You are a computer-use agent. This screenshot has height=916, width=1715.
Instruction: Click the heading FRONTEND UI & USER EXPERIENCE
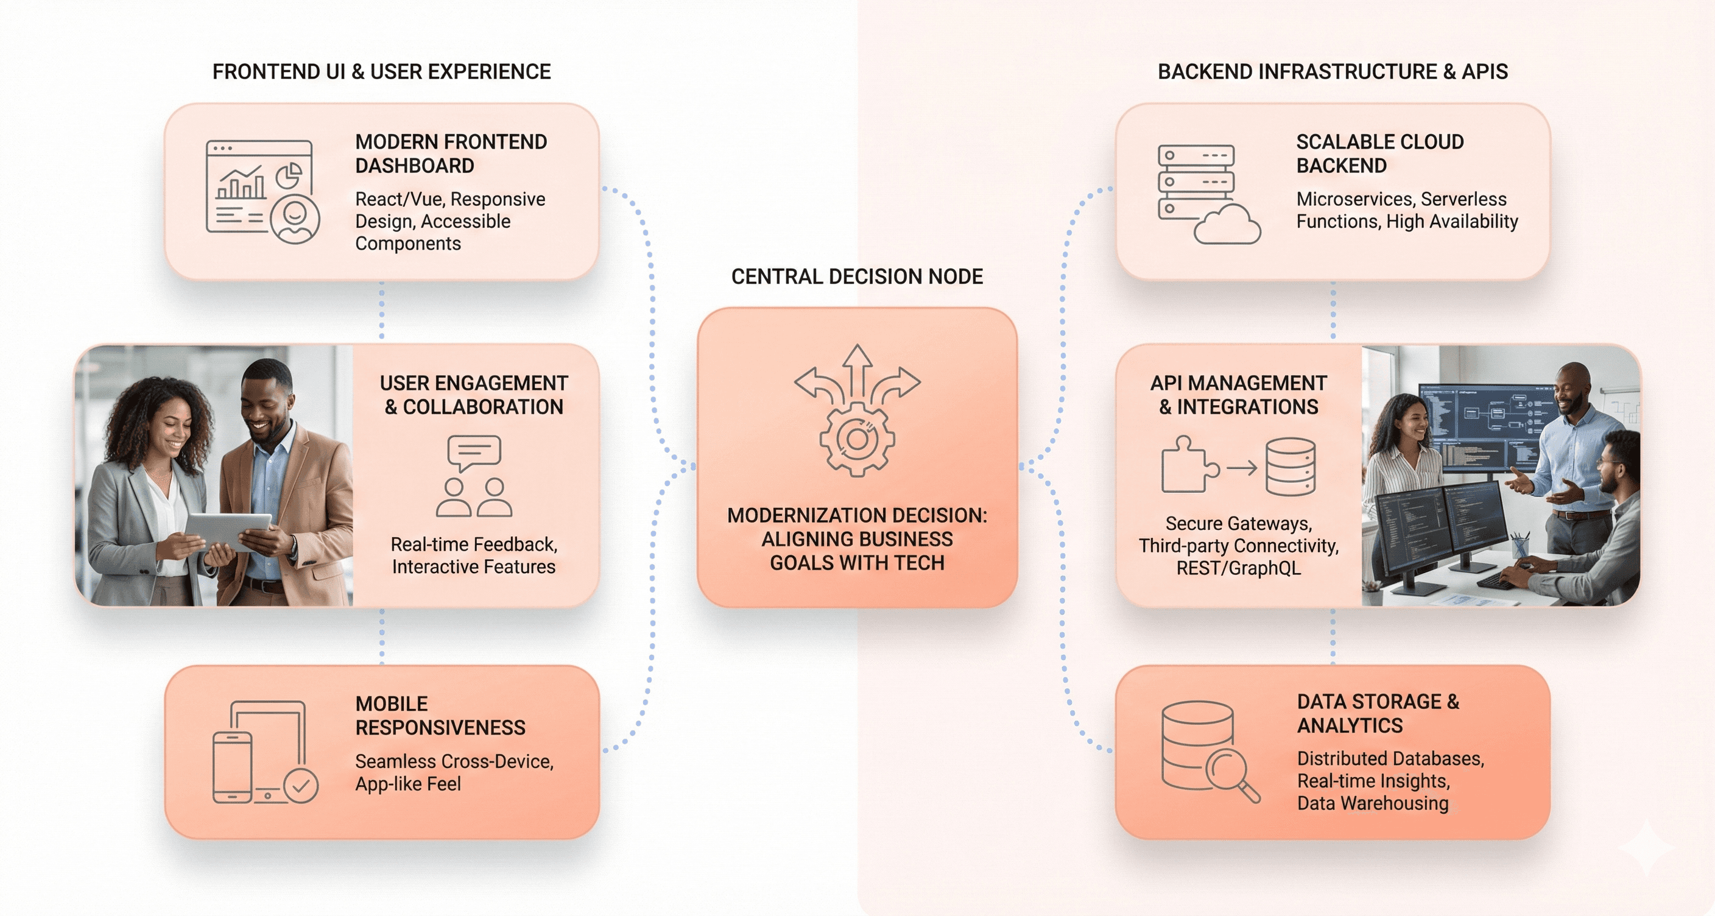pyautogui.click(x=381, y=72)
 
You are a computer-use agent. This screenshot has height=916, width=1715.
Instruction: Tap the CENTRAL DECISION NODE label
pyautogui.click(x=857, y=277)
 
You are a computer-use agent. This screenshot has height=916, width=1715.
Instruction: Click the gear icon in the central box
pyautogui.click(x=857, y=439)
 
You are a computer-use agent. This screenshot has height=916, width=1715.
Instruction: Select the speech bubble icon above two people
pyautogui.click(x=474, y=452)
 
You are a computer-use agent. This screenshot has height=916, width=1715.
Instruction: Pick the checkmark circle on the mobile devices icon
pyautogui.click(x=301, y=786)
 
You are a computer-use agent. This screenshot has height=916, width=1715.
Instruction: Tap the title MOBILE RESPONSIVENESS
pyautogui.click(x=440, y=716)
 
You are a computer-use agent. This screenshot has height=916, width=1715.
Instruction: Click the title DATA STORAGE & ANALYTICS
pyautogui.click(x=1378, y=713)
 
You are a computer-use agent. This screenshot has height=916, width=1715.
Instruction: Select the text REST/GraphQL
pyautogui.click(x=1238, y=568)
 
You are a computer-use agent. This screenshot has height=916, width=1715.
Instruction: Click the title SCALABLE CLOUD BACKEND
pyautogui.click(x=1379, y=153)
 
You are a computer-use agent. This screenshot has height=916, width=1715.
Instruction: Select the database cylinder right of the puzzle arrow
pyautogui.click(x=1291, y=467)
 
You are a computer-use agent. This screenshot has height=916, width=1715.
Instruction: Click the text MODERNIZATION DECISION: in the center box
pyautogui.click(x=857, y=515)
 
